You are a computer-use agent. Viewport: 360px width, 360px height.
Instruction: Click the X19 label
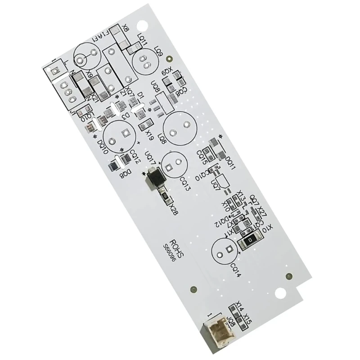point(149,133)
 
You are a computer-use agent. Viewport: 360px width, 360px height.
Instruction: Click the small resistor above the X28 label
point(164,196)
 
